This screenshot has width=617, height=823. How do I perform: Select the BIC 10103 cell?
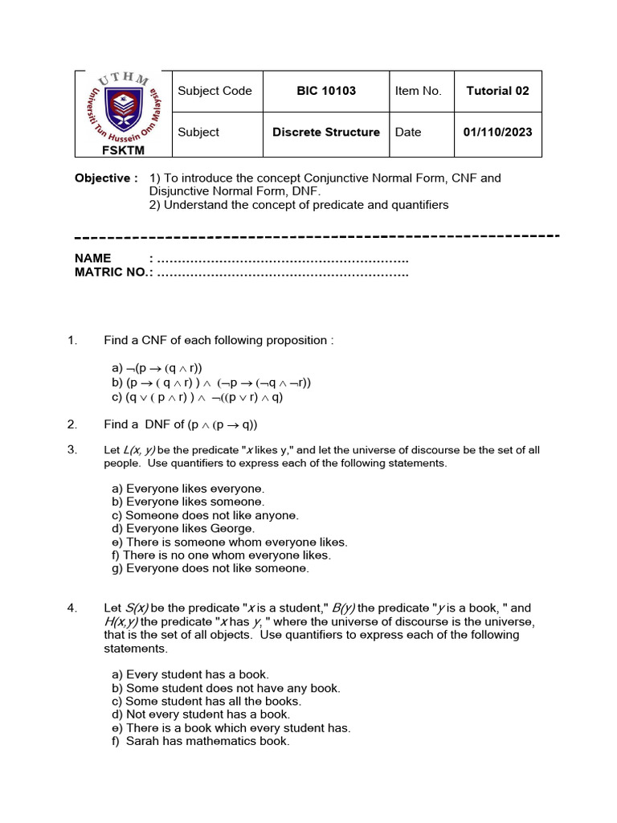[326, 91]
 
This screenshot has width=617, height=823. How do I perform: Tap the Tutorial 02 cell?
[497, 91]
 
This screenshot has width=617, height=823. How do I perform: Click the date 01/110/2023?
[497, 132]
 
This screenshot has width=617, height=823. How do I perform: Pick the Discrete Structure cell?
[326, 132]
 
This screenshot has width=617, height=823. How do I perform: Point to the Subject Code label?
[215, 91]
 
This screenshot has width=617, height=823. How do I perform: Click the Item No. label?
[418, 91]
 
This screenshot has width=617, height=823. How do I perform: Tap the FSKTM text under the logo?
[122, 149]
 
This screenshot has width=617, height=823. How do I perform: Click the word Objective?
[102, 178]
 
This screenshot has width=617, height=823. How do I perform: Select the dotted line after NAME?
[283, 259]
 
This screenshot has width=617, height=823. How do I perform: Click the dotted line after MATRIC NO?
[283, 272]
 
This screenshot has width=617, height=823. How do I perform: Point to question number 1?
[72, 340]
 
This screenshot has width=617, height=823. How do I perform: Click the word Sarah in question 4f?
[142, 741]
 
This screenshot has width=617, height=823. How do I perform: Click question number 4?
[72, 608]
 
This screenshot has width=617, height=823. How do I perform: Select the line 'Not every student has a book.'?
[201, 714]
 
